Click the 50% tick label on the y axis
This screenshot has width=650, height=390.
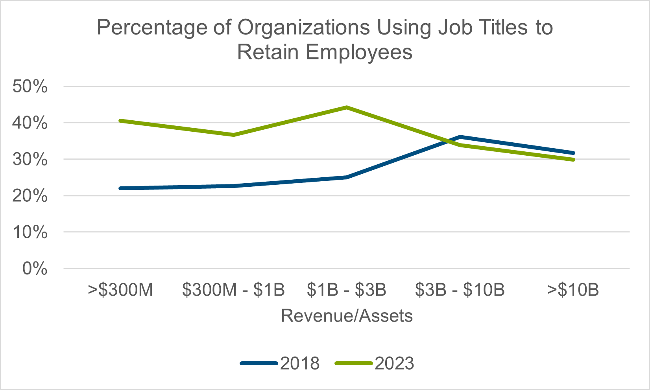[30, 86]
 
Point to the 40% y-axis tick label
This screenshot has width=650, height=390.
[30, 123]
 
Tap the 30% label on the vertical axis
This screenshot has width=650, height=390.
[30, 160]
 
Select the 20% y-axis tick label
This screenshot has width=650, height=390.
[30, 196]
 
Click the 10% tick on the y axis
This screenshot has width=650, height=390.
[30, 232]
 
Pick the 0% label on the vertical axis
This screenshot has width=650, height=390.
[35, 269]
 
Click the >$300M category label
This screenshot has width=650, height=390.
[120, 290]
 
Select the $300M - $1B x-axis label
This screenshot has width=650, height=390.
[233, 290]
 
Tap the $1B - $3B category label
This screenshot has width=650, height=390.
[347, 290]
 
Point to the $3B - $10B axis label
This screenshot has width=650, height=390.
[460, 290]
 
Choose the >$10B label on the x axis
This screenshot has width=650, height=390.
[573, 290]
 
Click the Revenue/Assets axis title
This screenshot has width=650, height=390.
[347, 316]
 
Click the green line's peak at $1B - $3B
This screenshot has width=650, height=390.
[347, 107]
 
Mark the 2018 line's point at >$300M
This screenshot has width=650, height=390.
[120, 188]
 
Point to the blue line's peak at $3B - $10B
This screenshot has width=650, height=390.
[460, 137]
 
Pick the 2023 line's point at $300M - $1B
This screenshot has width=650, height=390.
[233, 135]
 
